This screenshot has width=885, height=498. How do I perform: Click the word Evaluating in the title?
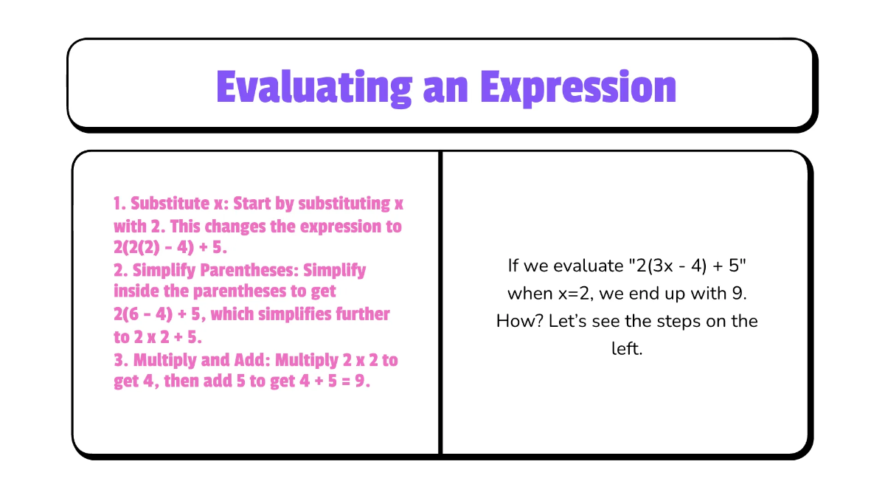(x=314, y=87)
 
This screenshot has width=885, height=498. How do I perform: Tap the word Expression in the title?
(x=577, y=87)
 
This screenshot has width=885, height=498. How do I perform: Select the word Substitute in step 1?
(x=169, y=204)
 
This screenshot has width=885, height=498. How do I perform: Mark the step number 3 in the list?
(x=118, y=360)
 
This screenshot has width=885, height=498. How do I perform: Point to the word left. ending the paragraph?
(x=627, y=349)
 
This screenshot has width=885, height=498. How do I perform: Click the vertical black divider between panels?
(x=440, y=302)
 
